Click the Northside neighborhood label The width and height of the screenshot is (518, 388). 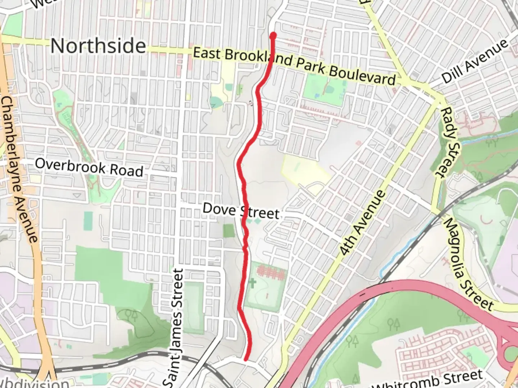[x=98, y=46]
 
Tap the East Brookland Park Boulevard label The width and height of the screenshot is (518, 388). [x=294, y=64]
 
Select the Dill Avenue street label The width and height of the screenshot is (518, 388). [x=474, y=61]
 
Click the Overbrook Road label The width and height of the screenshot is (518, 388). [x=89, y=167]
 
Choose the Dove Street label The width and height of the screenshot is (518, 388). [x=241, y=211]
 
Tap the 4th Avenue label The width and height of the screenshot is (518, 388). [x=363, y=223]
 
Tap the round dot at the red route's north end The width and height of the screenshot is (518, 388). [x=273, y=35]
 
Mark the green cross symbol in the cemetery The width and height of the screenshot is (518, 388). [x=252, y=282]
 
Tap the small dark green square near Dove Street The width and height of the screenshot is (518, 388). [x=228, y=231]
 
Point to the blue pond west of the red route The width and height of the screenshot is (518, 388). [x=216, y=102]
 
